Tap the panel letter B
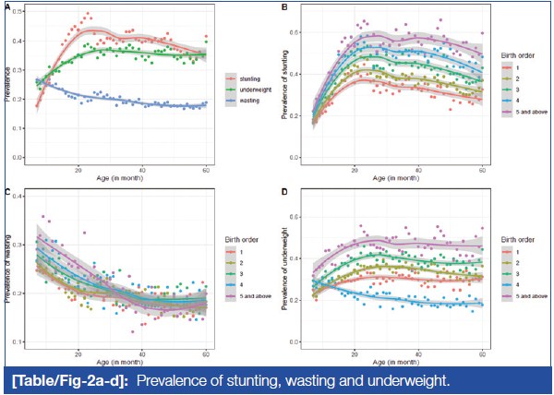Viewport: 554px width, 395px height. (283, 9)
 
